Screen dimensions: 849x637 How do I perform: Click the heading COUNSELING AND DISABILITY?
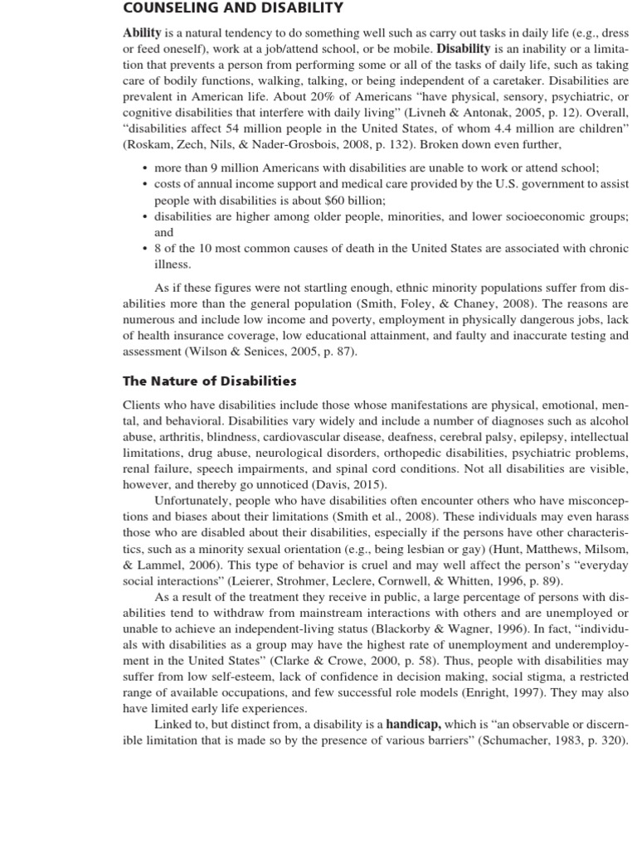click(232, 8)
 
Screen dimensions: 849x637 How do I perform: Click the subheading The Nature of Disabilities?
click(209, 381)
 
